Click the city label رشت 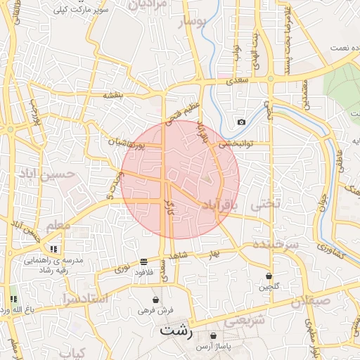175,330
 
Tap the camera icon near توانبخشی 242,122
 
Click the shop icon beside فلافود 143,261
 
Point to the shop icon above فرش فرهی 155,300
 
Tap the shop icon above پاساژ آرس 213,336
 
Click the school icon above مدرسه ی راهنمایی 54,249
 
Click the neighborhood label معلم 58,226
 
